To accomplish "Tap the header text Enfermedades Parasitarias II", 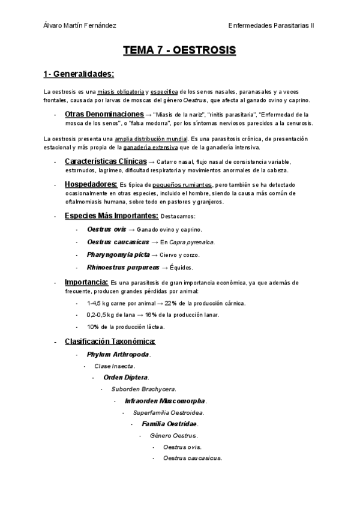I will (x=272, y=25).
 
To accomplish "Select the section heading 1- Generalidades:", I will (x=79, y=74).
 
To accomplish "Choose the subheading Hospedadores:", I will (x=91, y=184).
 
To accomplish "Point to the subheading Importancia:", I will (x=86, y=282).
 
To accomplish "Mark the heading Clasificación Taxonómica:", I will (x=110, y=342).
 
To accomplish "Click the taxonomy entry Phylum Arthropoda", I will (x=118, y=354).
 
